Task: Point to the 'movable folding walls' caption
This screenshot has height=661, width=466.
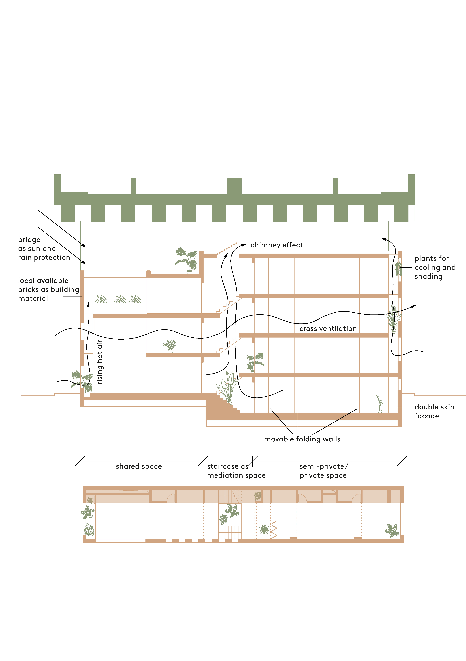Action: click(x=302, y=439)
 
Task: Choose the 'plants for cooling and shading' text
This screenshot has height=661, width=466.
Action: click(x=435, y=267)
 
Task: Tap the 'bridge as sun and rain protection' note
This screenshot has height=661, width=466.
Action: click(x=44, y=248)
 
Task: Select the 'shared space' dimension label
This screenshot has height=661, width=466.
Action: click(x=139, y=466)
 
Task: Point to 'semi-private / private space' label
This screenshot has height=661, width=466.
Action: click(x=323, y=471)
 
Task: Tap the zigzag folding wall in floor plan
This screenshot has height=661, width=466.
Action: click(x=273, y=530)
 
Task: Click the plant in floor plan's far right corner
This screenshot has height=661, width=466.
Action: click(x=392, y=531)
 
